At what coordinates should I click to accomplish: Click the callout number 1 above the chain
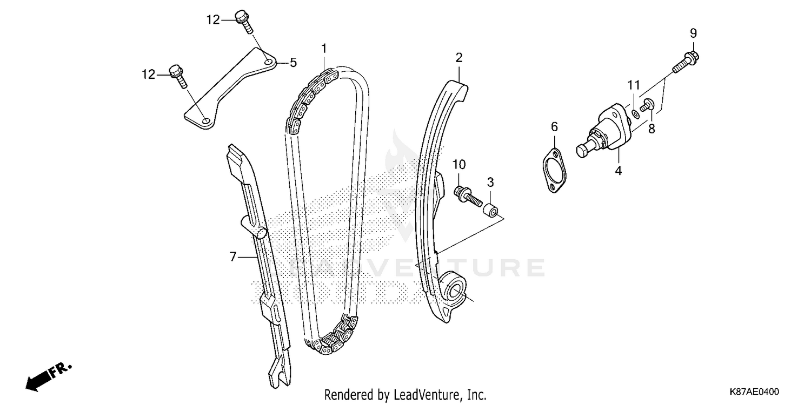(x=324, y=49)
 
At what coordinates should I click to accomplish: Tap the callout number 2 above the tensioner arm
(x=458, y=58)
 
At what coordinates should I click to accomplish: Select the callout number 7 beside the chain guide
(x=233, y=257)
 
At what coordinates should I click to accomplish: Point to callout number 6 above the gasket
(x=554, y=127)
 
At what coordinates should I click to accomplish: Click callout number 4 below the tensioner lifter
(x=618, y=171)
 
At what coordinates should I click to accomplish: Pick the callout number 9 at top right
(x=693, y=33)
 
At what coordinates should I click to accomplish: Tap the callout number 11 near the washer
(x=634, y=85)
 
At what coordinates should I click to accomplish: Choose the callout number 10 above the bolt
(x=459, y=164)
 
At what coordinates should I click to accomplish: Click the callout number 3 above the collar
(x=490, y=183)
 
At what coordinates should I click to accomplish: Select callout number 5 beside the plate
(x=293, y=63)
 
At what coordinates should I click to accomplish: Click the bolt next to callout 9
(x=685, y=61)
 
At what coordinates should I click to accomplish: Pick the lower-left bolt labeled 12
(x=177, y=75)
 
